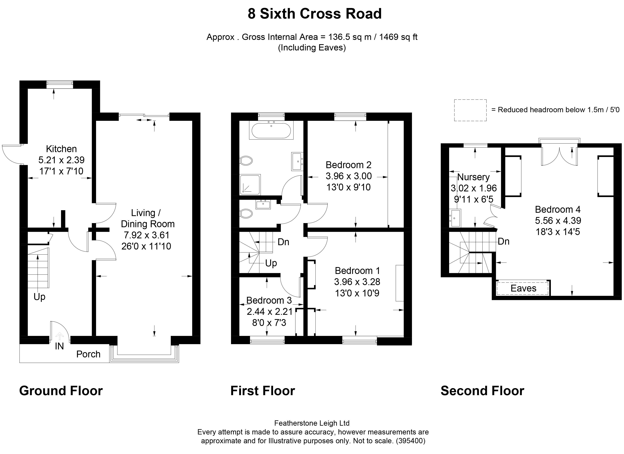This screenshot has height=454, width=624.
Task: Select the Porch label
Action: pyautogui.click(x=88, y=354)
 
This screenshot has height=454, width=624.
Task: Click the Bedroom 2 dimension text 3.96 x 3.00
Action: pyautogui.click(x=348, y=176)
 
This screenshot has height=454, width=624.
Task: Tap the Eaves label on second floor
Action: pyautogui.click(x=523, y=288)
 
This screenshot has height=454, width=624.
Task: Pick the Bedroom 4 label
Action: pyautogui.click(x=557, y=210)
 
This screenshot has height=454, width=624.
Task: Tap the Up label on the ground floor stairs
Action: pyautogui.click(x=39, y=297)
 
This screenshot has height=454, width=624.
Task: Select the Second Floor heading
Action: pyautogui.click(x=482, y=391)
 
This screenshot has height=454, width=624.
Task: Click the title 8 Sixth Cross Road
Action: pyautogui.click(x=315, y=14)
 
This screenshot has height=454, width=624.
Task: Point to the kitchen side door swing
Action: pyautogui.click(x=11, y=154)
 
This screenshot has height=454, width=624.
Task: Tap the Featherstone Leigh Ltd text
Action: pyautogui.click(x=312, y=423)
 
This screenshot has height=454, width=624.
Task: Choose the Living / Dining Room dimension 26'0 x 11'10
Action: pyautogui.click(x=146, y=246)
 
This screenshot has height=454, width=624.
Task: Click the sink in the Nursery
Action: pyautogui.click(x=455, y=218)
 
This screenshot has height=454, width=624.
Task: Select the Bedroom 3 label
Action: pyautogui.click(x=269, y=300)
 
